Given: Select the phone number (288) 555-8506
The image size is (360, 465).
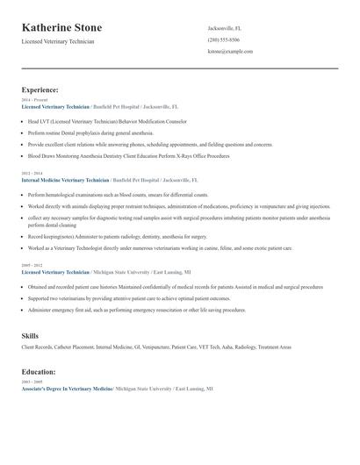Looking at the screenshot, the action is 223,40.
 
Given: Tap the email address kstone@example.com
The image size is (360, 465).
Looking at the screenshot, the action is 230,52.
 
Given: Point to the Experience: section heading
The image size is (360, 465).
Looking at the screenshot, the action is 40,89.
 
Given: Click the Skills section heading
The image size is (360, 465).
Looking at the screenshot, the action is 30,336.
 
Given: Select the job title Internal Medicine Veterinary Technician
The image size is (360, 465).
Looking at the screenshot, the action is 66,180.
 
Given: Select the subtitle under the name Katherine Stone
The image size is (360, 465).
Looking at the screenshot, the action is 58,41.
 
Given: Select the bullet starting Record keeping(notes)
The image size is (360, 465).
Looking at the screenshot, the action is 119,236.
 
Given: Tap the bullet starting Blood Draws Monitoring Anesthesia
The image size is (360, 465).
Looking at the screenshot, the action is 129,155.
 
